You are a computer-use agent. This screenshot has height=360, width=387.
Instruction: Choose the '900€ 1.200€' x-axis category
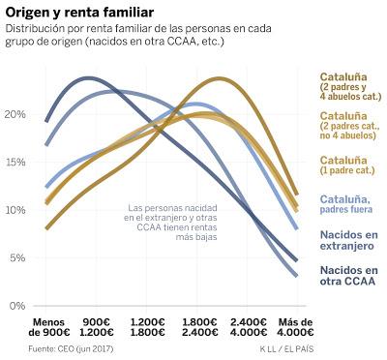103,327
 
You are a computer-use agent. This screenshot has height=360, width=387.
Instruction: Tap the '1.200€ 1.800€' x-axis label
151,327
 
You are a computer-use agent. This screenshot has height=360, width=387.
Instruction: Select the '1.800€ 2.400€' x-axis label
200,327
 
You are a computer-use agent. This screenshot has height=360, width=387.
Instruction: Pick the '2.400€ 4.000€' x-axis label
250,327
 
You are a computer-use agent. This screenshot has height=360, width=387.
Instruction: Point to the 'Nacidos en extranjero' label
349,240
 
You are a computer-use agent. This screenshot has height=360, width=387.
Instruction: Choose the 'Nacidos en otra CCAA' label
349,276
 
